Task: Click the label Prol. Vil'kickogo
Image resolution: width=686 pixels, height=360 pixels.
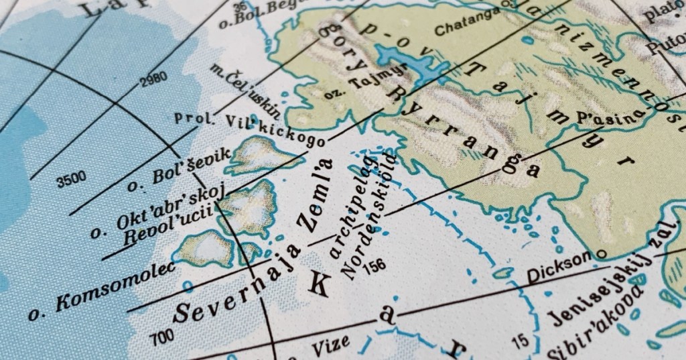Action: point(249,129)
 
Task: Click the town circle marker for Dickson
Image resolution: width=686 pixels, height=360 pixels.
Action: point(601,254)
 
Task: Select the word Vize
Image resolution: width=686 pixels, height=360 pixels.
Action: point(330,343)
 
